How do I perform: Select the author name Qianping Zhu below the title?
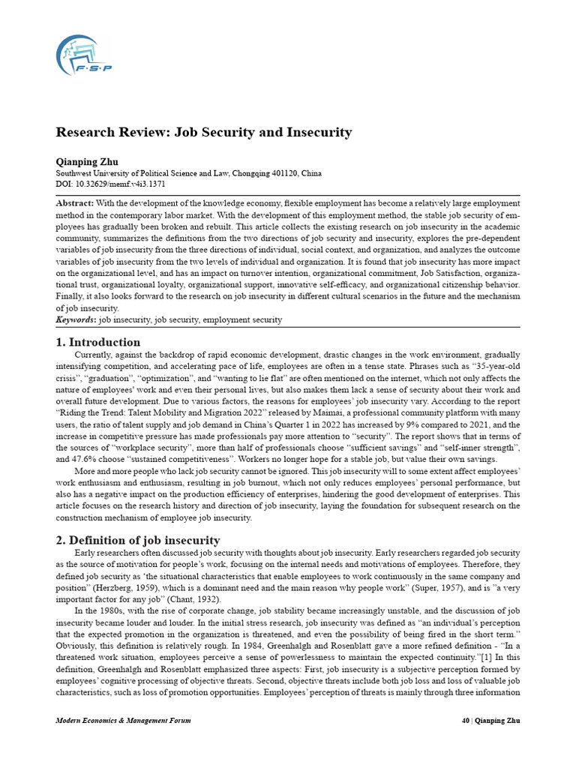[88, 161]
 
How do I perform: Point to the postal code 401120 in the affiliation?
[275, 173]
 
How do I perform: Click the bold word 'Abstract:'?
[76, 203]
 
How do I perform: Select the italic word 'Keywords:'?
[76, 320]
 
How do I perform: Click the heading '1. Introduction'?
[98, 342]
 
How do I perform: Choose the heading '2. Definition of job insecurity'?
[138, 540]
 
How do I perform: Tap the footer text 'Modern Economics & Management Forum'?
[124, 721]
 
